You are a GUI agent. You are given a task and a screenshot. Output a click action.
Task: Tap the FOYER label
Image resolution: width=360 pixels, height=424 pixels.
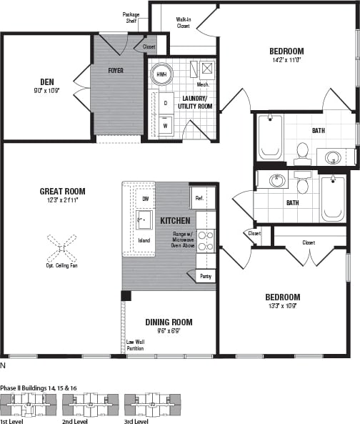tap(116, 71)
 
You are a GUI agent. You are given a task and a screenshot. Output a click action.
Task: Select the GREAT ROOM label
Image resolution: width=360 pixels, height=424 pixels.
tap(63, 191)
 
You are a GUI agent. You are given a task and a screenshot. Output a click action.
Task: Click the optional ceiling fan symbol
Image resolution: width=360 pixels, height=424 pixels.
tap(62, 250)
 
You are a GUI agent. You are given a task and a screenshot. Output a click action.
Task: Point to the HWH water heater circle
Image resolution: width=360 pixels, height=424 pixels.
tap(161, 74)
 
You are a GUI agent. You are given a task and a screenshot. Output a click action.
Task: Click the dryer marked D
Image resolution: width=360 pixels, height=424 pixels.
tap(165, 103)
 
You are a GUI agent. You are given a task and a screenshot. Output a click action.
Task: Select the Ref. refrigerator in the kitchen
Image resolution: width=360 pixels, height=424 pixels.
tap(199, 197)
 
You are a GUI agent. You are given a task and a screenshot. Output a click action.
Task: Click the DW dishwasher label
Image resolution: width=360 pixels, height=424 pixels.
tap(145, 199)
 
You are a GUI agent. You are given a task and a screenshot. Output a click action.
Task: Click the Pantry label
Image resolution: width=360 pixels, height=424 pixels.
tap(205, 276)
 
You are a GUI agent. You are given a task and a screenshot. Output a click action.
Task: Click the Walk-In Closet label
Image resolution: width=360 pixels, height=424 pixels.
tap(183, 23)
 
